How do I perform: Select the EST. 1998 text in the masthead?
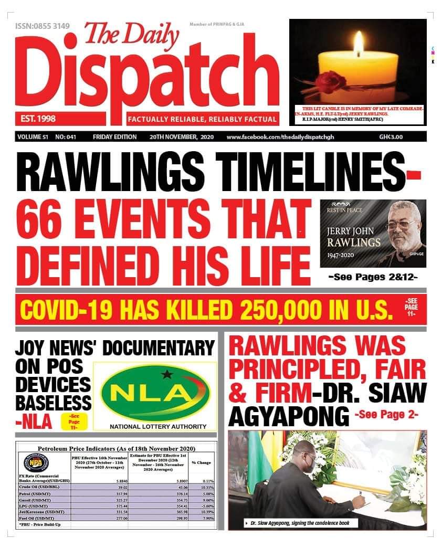pyautogui.click(x=36, y=118)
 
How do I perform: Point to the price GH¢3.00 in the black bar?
pyautogui.click(x=391, y=137)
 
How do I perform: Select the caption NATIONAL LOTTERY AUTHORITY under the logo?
pyautogui.click(x=158, y=426)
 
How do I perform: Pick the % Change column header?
pyautogui.click(x=201, y=462)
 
